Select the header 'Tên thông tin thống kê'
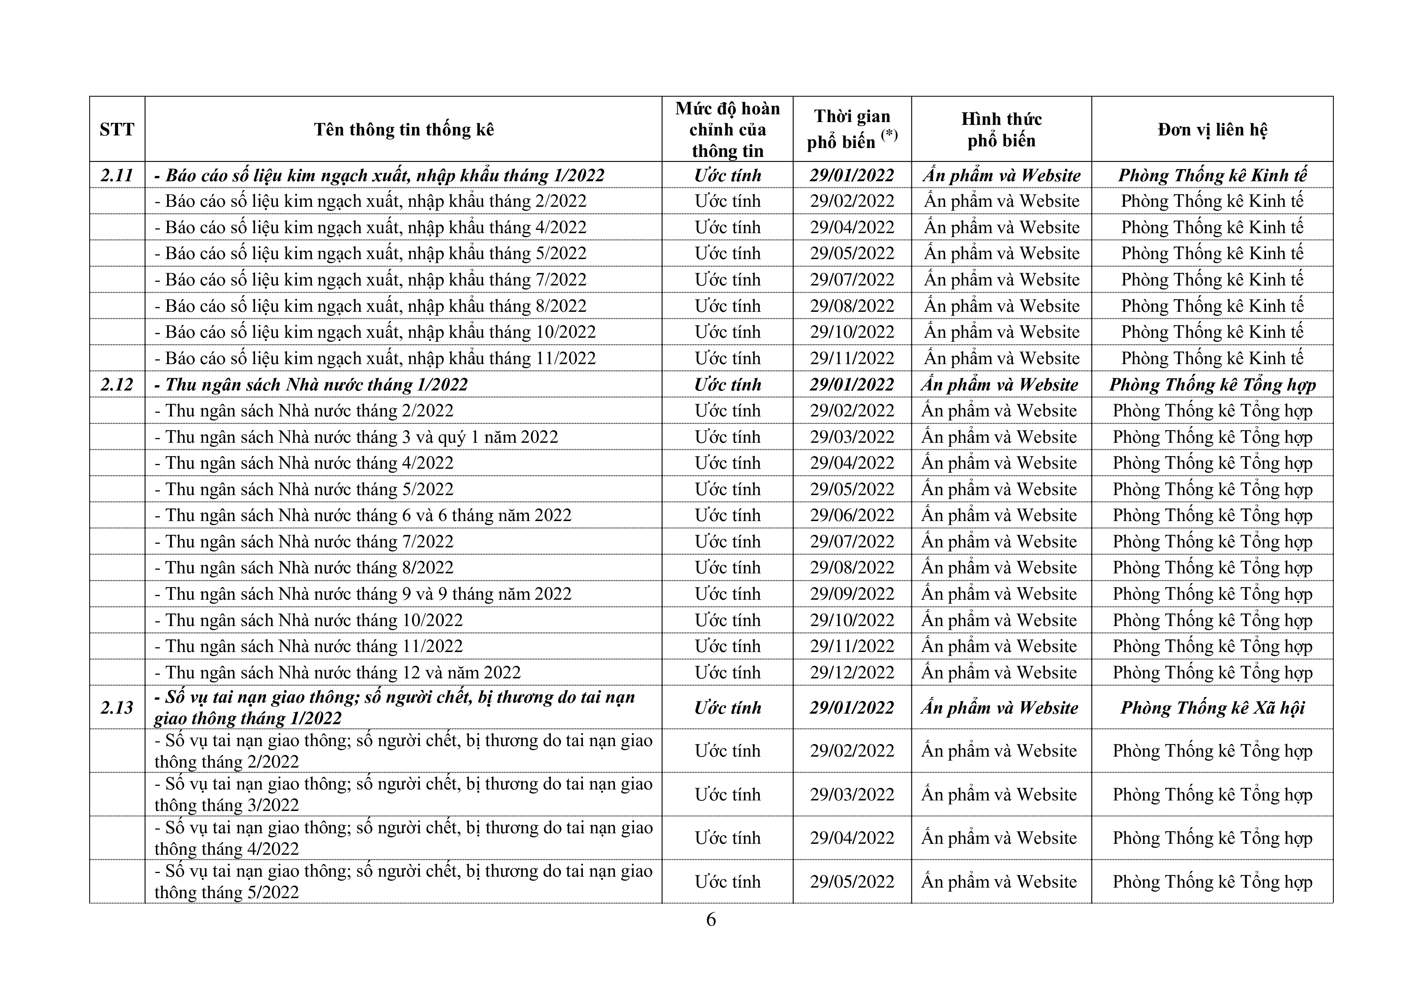coord(404,129)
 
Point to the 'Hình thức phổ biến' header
coord(1001,129)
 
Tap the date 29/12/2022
coord(852,673)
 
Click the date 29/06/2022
coord(852,515)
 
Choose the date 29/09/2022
coord(852,594)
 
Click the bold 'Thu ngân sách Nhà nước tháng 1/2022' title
coord(316,385)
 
